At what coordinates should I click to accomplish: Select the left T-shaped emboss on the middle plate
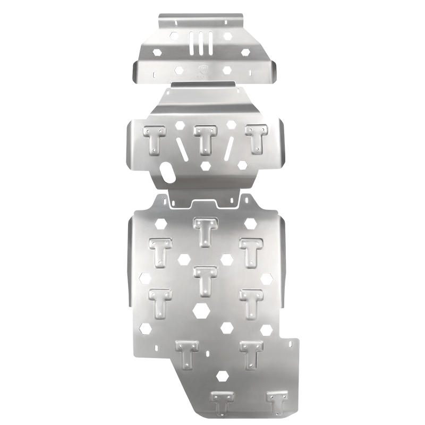pyautogui.click(x=154, y=140)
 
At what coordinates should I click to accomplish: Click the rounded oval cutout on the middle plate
pyautogui.click(x=166, y=172)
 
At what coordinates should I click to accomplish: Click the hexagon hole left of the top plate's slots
pyautogui.click(x=175, y=36)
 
